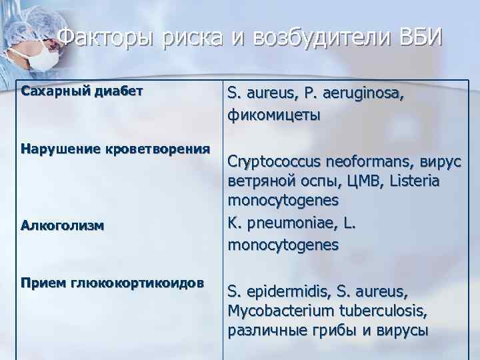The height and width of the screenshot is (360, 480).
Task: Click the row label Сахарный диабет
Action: point(83,90)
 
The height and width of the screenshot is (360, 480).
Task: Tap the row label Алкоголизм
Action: point(62,225)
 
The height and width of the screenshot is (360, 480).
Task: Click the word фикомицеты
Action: point(274,115)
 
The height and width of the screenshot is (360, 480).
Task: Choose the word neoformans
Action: point(368,161)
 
